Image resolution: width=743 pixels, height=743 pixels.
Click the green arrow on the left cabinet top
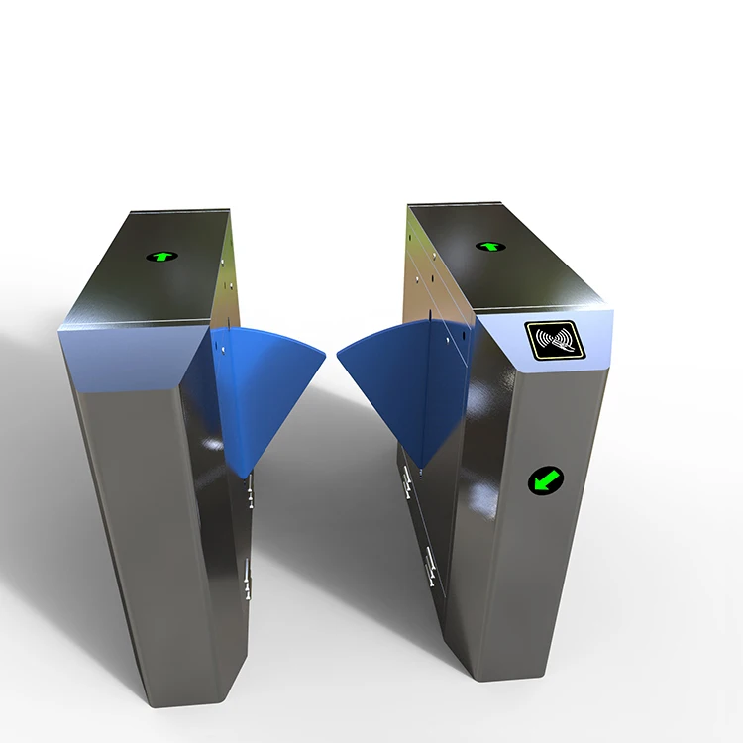[161, 256]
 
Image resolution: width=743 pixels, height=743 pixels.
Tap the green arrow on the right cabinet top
[489, 246]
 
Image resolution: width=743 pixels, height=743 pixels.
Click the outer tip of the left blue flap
[323, 351]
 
